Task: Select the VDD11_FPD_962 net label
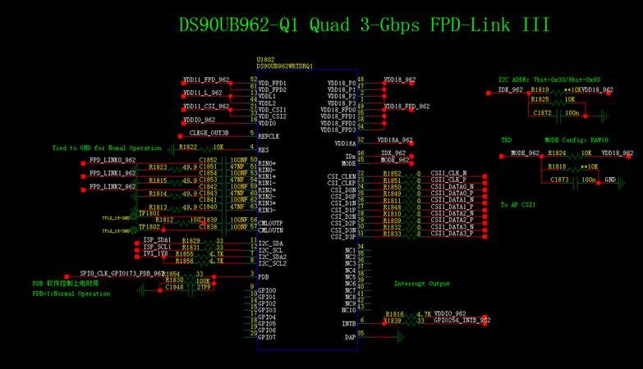click(206, 80)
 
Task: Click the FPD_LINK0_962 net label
click(113, 160)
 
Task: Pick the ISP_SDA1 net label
click(157, 240)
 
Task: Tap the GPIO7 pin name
click(267, 338)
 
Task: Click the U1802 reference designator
click(265, 59)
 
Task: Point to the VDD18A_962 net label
click(395, 140)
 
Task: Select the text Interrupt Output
click(422, 284)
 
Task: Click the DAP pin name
click(350, 335)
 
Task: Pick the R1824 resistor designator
click(557, 153)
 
